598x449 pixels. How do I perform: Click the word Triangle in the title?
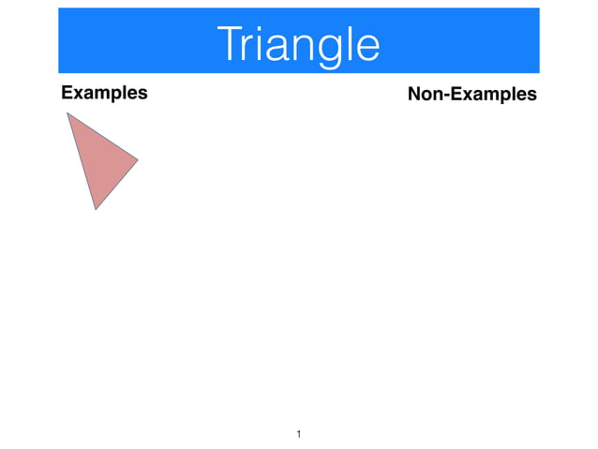pos(298,43)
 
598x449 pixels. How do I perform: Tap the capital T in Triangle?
pos(228,43)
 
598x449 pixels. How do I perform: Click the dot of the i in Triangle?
pos(258,28)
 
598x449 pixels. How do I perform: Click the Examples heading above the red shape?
pos(104,93)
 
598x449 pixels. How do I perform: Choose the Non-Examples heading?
pos(471,95)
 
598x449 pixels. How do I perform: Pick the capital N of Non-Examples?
pos(414,94)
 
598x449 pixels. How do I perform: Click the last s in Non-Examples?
pos(531,96)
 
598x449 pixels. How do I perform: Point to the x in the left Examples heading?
pos(78,94)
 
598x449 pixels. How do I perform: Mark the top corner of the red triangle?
pos(67,113)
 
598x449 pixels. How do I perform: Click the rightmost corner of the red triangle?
pos(138,160)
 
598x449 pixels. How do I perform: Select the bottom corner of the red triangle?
pos(95,209)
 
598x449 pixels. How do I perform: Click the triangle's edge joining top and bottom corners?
pos(81,161)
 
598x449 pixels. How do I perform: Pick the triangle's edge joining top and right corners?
pos(103,137)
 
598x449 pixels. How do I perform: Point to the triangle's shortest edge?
pos(116,185)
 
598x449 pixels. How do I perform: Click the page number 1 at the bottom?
pos(298,434)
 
